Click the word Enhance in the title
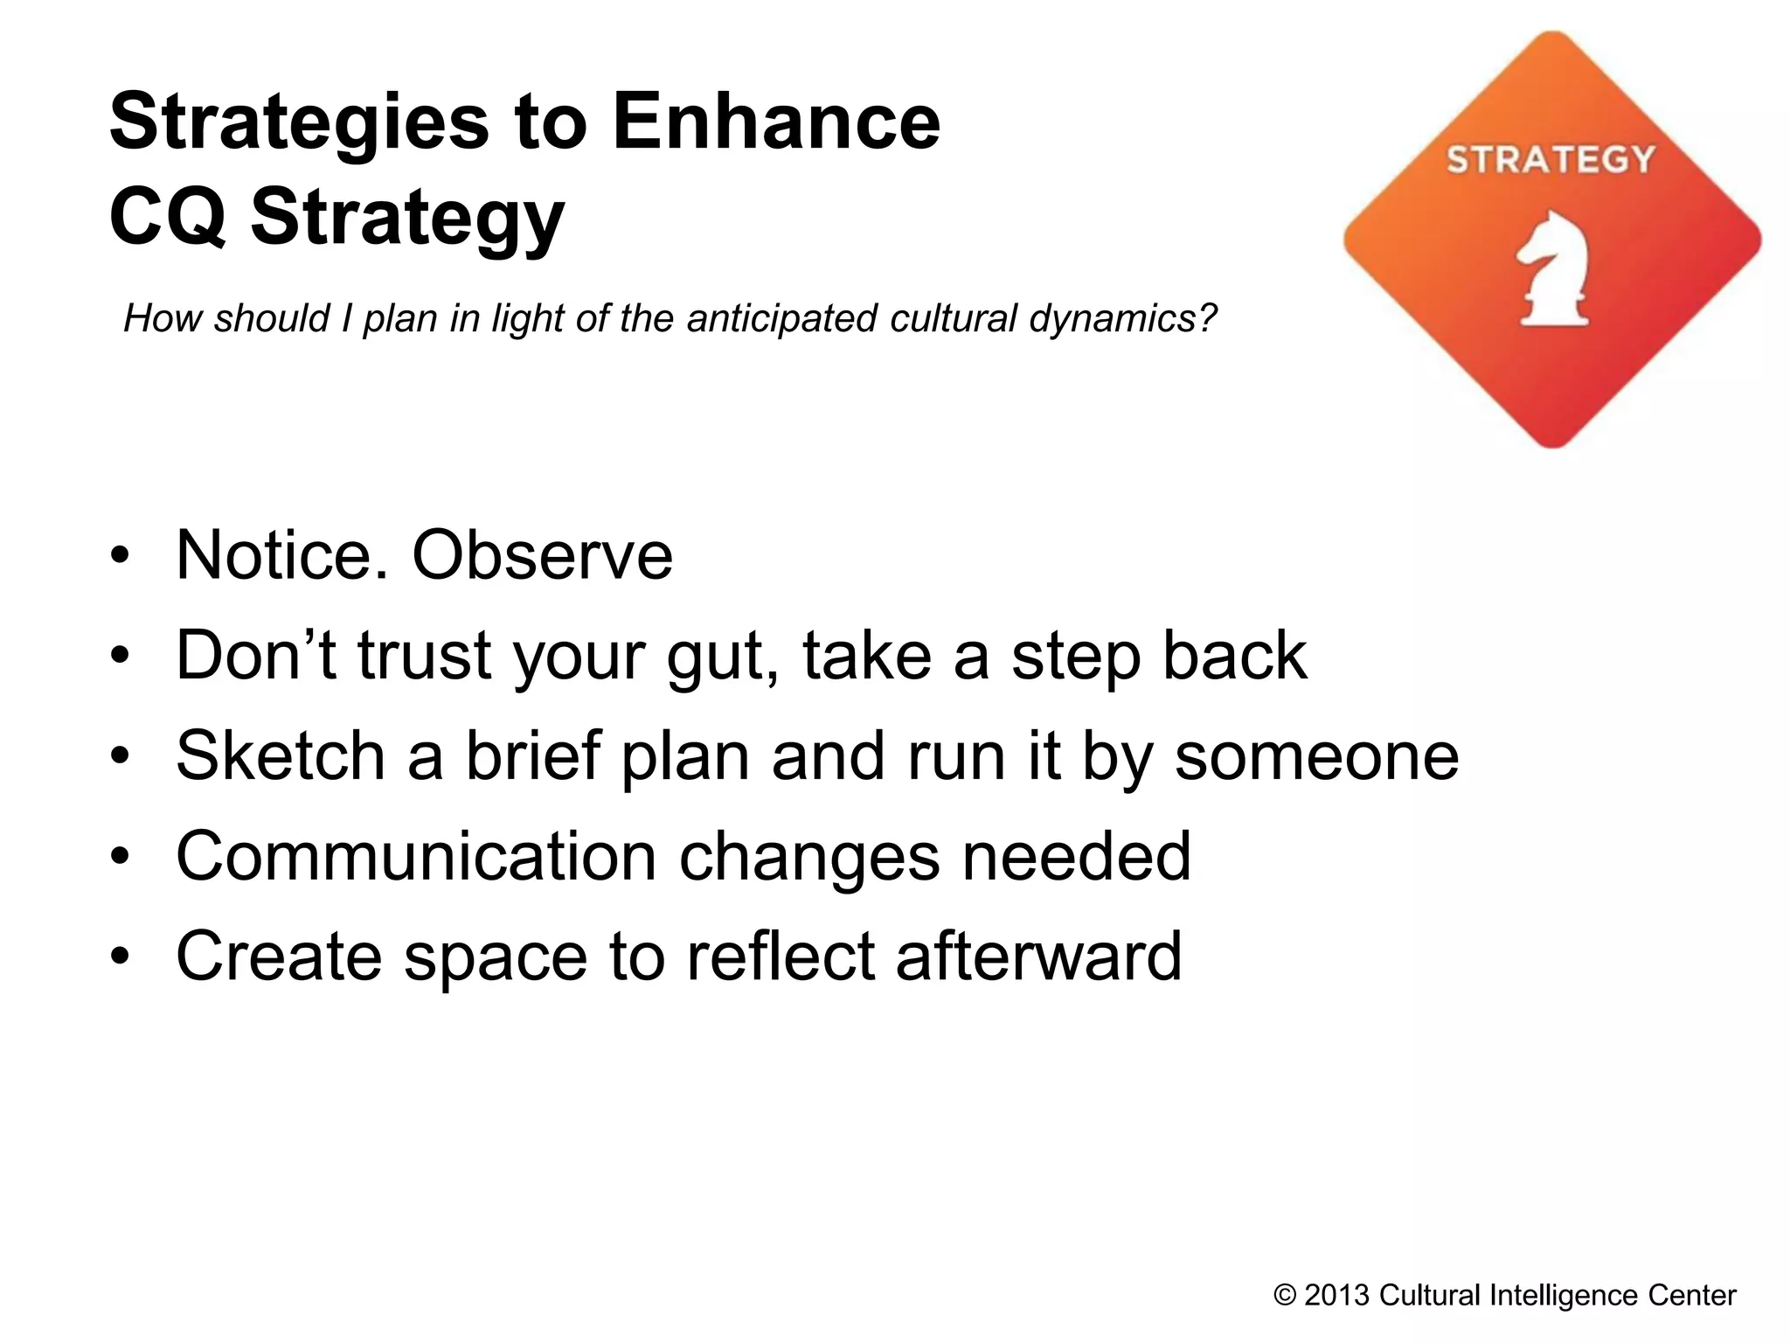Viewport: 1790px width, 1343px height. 775,122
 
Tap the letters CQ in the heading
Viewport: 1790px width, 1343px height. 167,217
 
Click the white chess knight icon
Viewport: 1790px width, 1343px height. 1553,269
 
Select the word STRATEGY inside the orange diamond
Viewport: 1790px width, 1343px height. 1551,160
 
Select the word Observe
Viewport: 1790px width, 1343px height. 542,555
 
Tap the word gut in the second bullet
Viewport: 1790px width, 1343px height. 720,658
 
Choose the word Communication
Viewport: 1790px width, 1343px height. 416,856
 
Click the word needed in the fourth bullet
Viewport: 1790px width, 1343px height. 1077,856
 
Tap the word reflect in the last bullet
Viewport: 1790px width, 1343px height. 780,956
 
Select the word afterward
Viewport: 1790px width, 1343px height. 1038,956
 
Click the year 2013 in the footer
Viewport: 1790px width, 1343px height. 1336,1295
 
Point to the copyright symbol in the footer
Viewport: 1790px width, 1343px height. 1285,1295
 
